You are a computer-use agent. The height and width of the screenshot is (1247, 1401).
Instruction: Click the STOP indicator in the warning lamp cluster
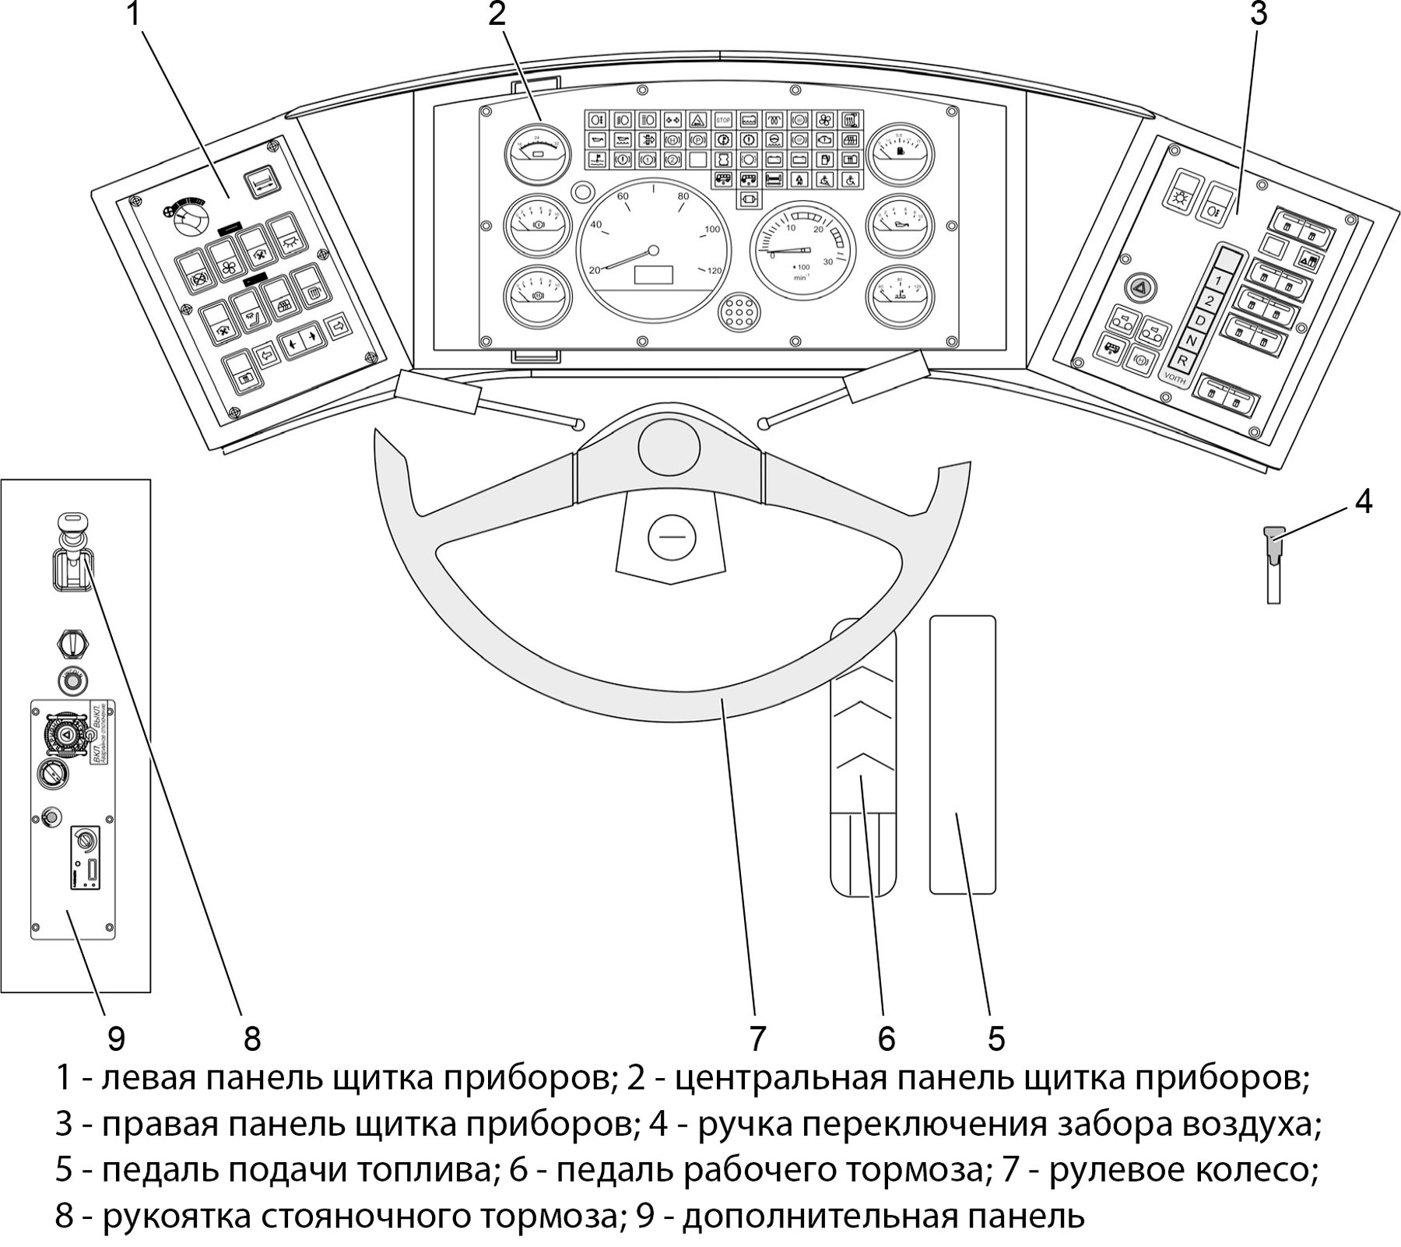724,121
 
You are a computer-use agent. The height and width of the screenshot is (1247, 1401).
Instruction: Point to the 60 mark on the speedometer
623,197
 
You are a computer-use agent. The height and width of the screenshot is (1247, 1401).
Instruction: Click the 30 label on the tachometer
827,262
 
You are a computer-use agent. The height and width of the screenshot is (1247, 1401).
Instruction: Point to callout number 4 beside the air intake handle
1363,502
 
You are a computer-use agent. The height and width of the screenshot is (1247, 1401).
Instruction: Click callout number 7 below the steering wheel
758,1038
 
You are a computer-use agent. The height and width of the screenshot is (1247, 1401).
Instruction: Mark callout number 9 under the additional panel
116,1038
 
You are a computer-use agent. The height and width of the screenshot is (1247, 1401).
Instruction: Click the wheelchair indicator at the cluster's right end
851,180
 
